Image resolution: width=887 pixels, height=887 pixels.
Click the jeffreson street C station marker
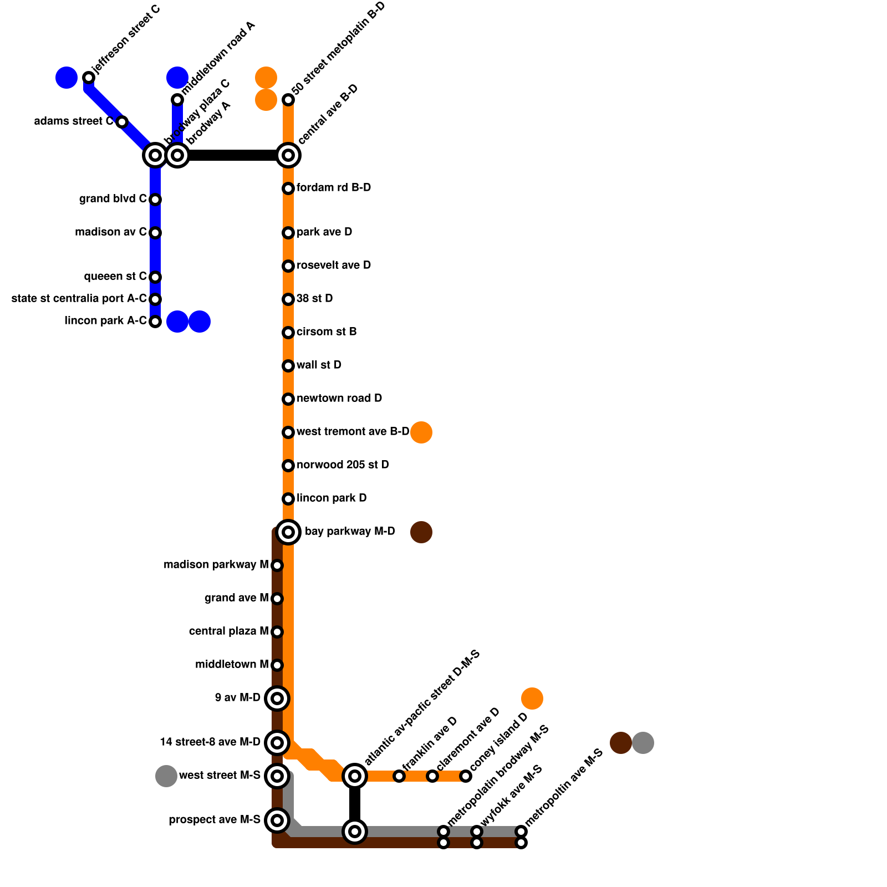pyautogui.click(x=89, y=78)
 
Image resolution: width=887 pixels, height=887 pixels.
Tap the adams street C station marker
pyautogui.click(x=122, y=122)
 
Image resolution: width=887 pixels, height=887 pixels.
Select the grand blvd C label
pyautogui.click(x=113, y=199)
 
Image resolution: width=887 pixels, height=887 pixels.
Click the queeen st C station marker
pyautogui.click(x=155, y=277)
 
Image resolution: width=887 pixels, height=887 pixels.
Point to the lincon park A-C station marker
pyautogui.click(x=155, y=322)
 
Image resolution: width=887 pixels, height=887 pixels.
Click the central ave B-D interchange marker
pyautogui.click(x=288, y=155)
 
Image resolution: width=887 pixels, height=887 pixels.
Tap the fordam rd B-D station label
pyautogui.click(x=334, y=188)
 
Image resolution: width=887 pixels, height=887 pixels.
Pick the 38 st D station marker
pyautogui.click(x=288, y=299)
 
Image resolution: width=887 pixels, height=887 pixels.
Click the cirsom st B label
pyautogui.click(x=327, y=332)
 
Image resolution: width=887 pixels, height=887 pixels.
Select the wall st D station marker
pyautogui.click(x=288, y=366)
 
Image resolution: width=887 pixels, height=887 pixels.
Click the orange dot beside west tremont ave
pyautogui.click(x=421, y=432)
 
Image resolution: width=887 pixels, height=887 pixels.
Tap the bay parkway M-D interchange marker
pyautogui.click(x=288, y=532)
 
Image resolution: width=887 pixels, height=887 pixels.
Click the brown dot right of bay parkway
pyautogui.click(x=421, y=532)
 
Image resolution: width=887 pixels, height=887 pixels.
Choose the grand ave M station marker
pyautogui.click(x=277, y=599)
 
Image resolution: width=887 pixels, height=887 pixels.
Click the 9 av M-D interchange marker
pyautogui.click(x=277, y=699)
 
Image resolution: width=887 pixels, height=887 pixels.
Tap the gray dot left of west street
pyautogui.click(x=166, y=776)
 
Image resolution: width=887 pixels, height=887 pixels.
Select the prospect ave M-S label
pyautogui.click(x=215, y=820)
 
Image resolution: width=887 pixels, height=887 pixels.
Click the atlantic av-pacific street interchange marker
pyautogui.click(x=355, y=776)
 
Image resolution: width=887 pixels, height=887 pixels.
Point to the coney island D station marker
pyautogui.click(x=466, y=776)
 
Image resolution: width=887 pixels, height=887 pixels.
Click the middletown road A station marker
pyautogui.click(x=177, y=100)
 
